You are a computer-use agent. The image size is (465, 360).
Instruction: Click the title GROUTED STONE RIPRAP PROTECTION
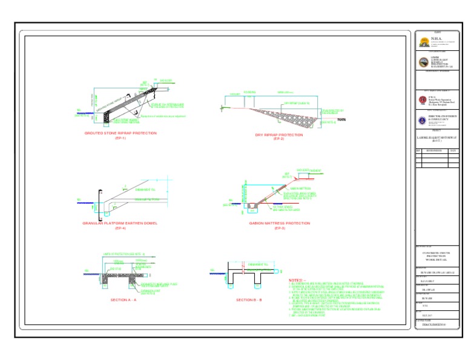coord(120,133)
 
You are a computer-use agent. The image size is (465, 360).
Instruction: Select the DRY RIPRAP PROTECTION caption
coord(279,135)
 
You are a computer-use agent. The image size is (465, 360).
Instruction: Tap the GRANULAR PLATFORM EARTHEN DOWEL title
coord(120,223)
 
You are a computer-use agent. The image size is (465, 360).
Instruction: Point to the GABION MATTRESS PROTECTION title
coord(279,223)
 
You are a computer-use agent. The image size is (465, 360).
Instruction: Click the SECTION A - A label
coord(124,300)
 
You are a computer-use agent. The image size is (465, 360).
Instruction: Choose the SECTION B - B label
coord(249,300)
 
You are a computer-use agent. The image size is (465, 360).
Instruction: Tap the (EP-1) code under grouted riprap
coord(120,138)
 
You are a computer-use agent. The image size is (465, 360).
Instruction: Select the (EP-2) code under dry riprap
coord(279,139)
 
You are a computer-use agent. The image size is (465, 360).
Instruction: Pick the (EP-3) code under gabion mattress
coord(279,228)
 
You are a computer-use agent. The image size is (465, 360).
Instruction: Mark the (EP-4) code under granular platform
coord(120,228)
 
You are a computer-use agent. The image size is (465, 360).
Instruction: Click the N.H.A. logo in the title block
coord(423,41)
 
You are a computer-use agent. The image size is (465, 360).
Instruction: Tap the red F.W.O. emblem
coord(423,99)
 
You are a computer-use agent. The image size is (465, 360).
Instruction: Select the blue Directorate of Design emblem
coord(423,119)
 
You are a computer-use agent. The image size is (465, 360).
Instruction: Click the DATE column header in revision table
coord(453,150)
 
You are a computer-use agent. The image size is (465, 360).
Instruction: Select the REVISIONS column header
coord(434,150)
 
